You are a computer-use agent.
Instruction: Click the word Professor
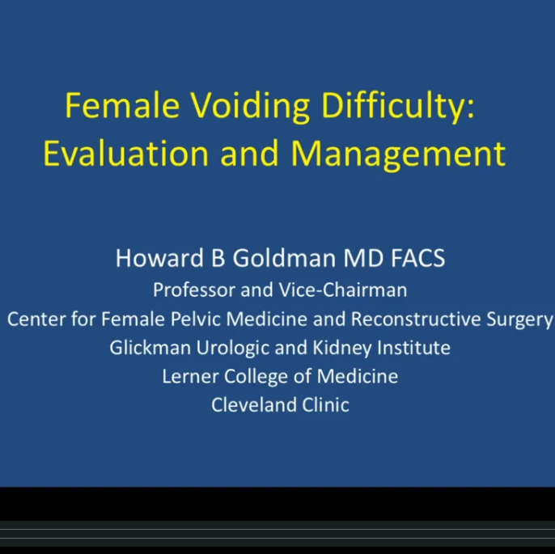tap(193, 290)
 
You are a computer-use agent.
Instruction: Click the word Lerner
tap(186, 376)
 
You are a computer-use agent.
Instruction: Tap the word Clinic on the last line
tap(322, 404)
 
